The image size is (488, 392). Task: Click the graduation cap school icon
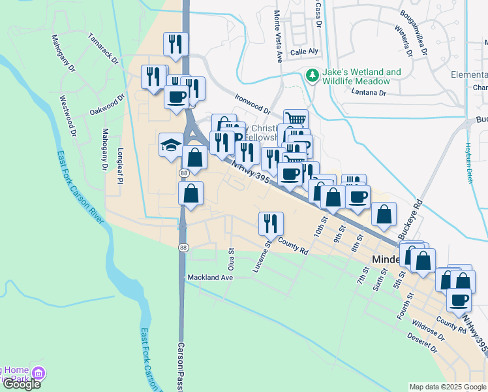coord(171,144)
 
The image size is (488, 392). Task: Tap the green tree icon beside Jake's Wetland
coord(313,76)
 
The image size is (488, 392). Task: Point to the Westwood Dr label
coord(68,116)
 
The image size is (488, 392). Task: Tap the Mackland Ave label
coord(210,278)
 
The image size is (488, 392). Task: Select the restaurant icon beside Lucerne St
coord(269,223)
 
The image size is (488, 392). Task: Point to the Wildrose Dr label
coord(427,331)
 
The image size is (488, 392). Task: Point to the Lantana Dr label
coord(369,93)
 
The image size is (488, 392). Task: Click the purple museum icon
coord(38,374)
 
